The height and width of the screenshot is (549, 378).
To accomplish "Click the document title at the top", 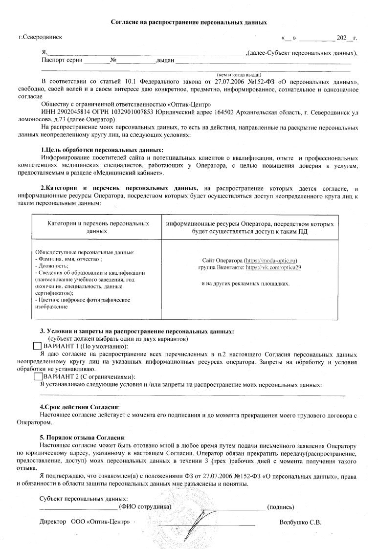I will tap(189, 22).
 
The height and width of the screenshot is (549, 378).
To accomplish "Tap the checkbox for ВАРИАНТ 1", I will tap(37, 346).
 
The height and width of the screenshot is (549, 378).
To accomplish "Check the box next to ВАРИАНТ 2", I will tap(38, 376).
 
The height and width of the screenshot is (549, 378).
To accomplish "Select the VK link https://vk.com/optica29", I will tap(273, 267).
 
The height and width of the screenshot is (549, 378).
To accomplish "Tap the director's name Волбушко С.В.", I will tap(300, 522).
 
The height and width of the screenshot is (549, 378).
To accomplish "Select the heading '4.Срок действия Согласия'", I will tap(79, 407).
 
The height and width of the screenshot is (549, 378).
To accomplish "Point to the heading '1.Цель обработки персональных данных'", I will tap(102, 150).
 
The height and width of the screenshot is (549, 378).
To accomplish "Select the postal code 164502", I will tap(252, 112).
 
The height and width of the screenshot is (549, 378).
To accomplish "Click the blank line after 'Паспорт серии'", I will tap(96, 61).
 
